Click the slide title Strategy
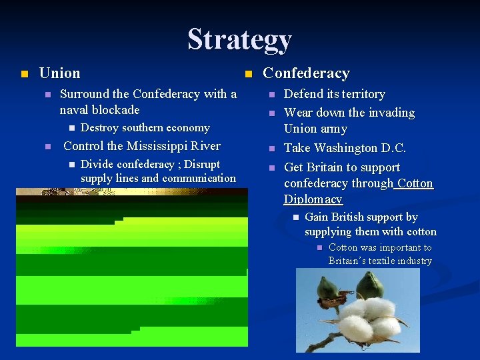click(x=239, y=39)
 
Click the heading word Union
click(x=59, y=73)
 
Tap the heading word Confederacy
click(x=306, y=73)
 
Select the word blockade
click(x=115, y=110)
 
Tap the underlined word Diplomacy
click(x=313, y=199)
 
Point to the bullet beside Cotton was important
click(x=319, y=248)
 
